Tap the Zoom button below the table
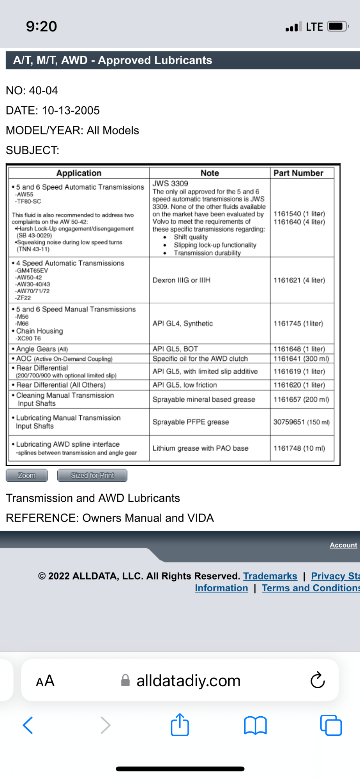tap(26, 475)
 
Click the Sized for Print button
tap(92, 475)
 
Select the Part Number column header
tap(298, 173)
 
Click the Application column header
tap(79, 173)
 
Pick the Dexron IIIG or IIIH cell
tap(181, 280)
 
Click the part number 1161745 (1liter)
tap(298, 323)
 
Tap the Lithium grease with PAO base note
tap(200, 448)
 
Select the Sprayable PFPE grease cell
tap(191, 422)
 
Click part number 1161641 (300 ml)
tap(301, 358)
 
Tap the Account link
tap(343, 545)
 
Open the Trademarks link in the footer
tap(270, 576)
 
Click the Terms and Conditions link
tap(311, 588)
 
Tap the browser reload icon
tap(318, 680)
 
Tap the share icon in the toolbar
tap(180, 725)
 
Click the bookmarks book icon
tap(255, 725)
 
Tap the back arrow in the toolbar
tap(28, 725)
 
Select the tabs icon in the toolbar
tap(331, 725)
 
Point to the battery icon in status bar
tap(337, 26)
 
